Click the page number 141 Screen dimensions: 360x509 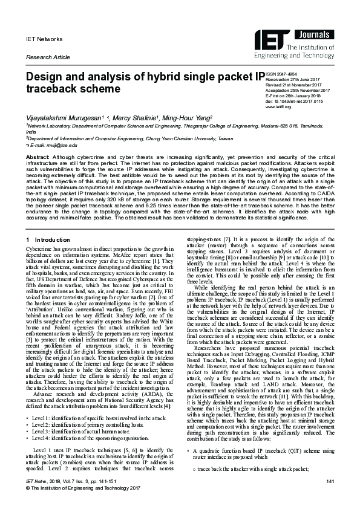point(330,498)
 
